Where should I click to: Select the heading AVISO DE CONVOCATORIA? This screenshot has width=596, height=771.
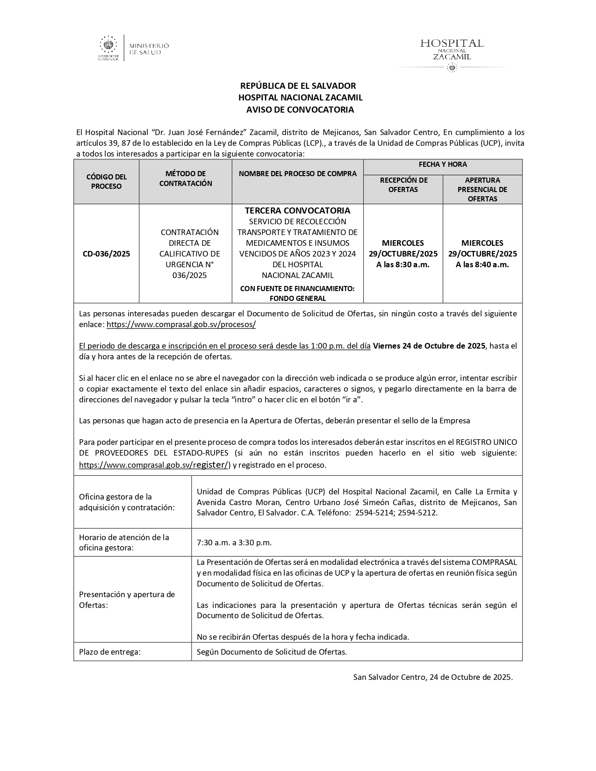tap(300, 110)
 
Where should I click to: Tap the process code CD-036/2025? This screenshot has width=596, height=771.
tap(106, 254)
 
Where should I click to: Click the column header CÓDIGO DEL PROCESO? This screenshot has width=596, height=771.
tap(106, 181)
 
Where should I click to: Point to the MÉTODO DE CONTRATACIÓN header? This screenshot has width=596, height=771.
tap(186, 178)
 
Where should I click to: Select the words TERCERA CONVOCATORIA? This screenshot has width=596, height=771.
tap(297, 211)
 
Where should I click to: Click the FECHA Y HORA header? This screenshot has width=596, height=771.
tap(443, 164)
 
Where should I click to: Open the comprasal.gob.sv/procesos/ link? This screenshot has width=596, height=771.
tap(181, 324)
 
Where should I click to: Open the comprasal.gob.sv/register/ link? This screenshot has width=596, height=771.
tap(153, 465)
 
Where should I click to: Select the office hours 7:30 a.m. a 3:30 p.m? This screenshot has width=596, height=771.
tap(234, 543)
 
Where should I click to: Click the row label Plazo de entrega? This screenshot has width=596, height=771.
tap(110, 652)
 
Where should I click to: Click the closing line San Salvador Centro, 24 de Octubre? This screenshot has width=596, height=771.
tap(433, 677)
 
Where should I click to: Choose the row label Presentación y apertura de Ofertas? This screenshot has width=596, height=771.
tap(127, 600)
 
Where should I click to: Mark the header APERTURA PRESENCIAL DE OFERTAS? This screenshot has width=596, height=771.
tap(482, 189)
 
